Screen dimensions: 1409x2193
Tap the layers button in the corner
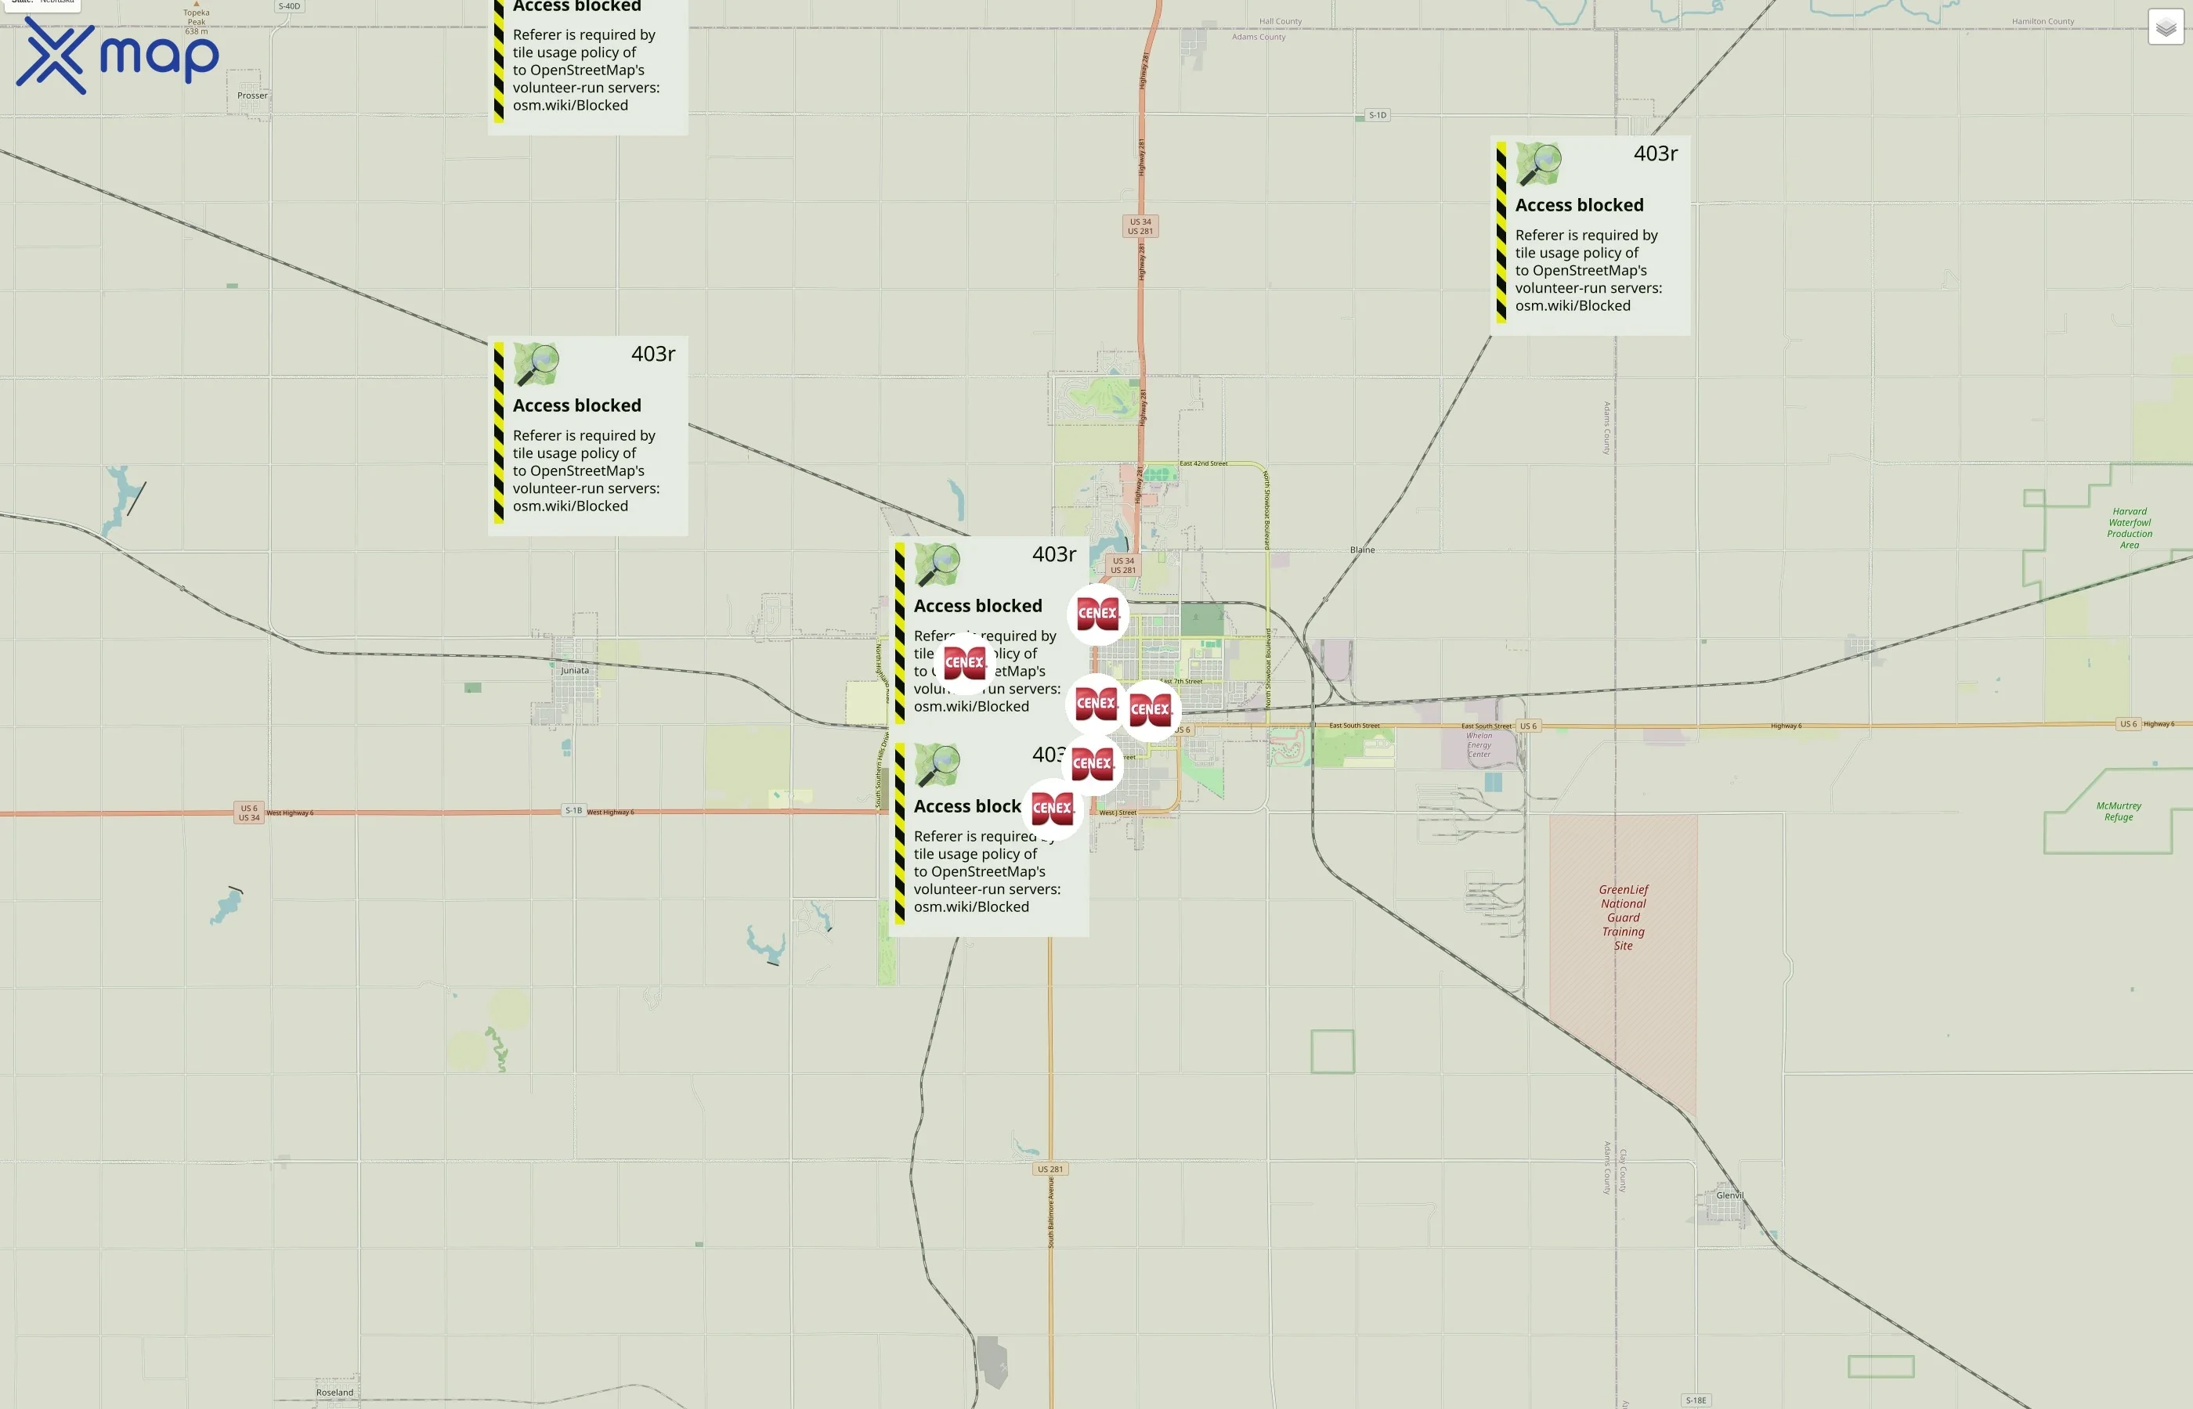click(x=2166, y=27)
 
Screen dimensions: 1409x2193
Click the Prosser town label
click(x=253, y=95)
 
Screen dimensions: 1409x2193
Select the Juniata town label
click(x=575, y=671)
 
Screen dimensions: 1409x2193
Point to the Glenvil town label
click(x=1729, y=1195)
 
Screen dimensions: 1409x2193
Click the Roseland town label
click(x=334, y=1393)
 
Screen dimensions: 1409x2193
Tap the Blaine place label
click(x=1362, y=550)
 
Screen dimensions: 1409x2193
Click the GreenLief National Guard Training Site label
click(x=1623, y=917)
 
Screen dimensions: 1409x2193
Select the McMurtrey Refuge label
click(x=2118, y=812)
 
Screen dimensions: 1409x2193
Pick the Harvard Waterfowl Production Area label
click(x=2129, y=528)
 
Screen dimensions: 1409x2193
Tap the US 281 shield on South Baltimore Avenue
click(x=1050, y=1169)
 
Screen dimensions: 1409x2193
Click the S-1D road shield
click(x=1378, y=115)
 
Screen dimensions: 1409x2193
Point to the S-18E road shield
click(x=1696, y=1400)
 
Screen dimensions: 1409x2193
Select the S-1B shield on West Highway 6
click(x=573, y=811)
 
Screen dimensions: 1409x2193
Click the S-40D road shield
click(x=289, y=6)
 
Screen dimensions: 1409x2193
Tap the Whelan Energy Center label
click(x=1479, y=744)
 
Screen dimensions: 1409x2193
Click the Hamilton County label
click(x=2043, y=21)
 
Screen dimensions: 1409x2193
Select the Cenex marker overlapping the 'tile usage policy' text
click(x=964, y=662)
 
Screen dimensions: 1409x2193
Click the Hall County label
click(x=1280, y=21)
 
